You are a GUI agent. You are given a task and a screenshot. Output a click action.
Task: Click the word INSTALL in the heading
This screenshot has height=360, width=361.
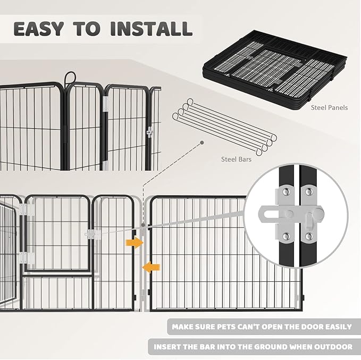coord(150,28)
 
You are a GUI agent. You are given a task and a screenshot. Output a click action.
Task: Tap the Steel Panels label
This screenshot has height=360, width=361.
coord(329,107)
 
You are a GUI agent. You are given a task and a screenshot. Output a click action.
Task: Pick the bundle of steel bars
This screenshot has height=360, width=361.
coord(223,125)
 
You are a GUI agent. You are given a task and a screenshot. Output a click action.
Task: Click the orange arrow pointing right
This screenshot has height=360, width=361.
coord(135,243)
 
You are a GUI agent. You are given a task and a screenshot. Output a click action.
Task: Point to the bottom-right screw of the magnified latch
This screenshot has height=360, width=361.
coord(308,236)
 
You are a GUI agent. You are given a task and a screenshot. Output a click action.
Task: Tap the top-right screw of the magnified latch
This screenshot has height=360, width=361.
coord(308,190)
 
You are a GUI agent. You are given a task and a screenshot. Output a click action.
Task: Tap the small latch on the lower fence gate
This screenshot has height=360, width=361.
coord(91,233)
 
